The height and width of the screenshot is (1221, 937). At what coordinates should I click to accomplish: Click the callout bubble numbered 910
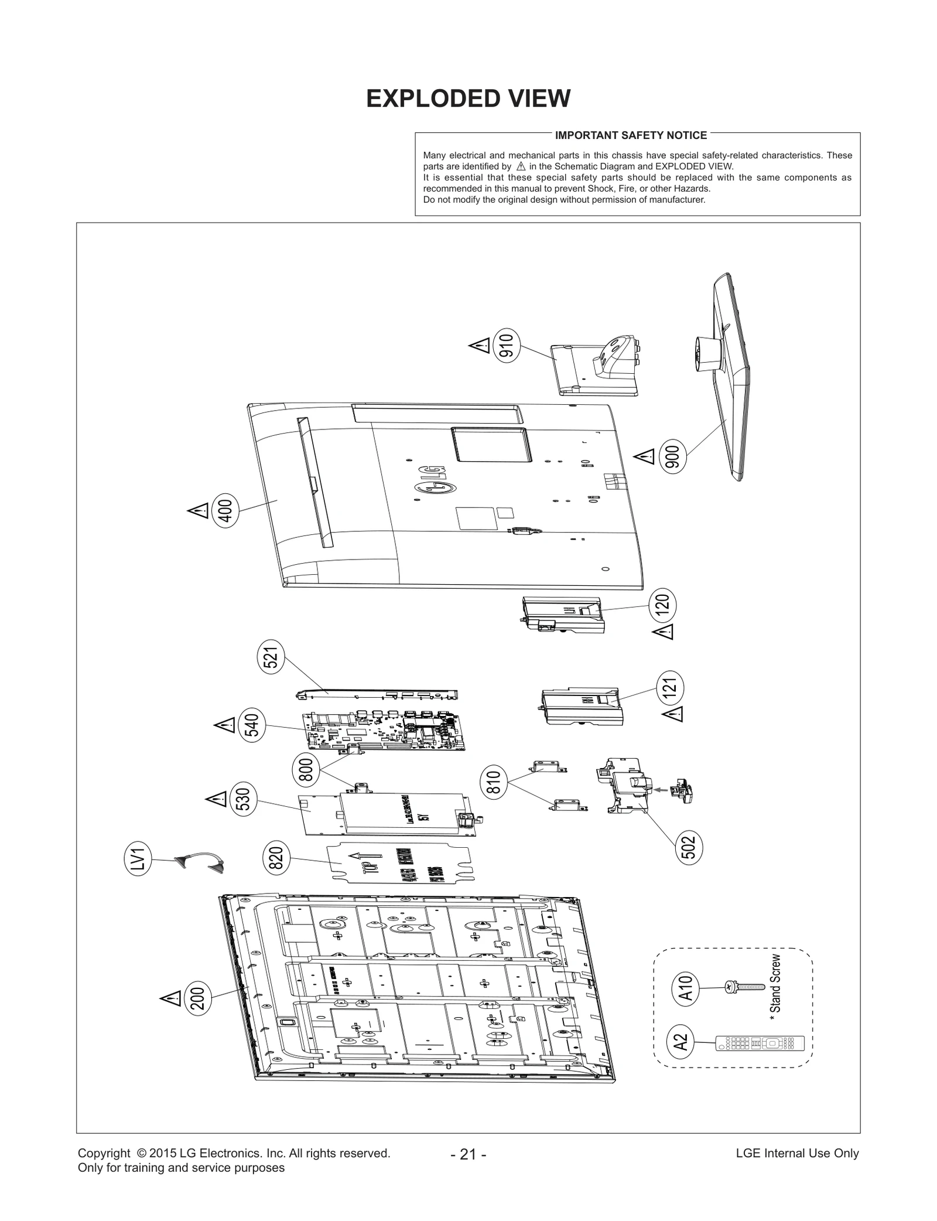click(507, 346)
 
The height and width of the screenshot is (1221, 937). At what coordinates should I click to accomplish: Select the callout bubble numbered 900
click(673, 458)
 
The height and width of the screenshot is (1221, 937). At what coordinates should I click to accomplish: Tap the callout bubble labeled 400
click(225, 511)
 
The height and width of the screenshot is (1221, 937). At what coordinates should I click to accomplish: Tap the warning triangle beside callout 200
click(171, 998)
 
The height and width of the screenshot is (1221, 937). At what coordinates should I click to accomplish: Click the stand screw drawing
click(745, 987)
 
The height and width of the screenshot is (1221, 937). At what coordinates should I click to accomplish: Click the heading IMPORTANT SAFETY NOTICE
click(631, 135)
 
